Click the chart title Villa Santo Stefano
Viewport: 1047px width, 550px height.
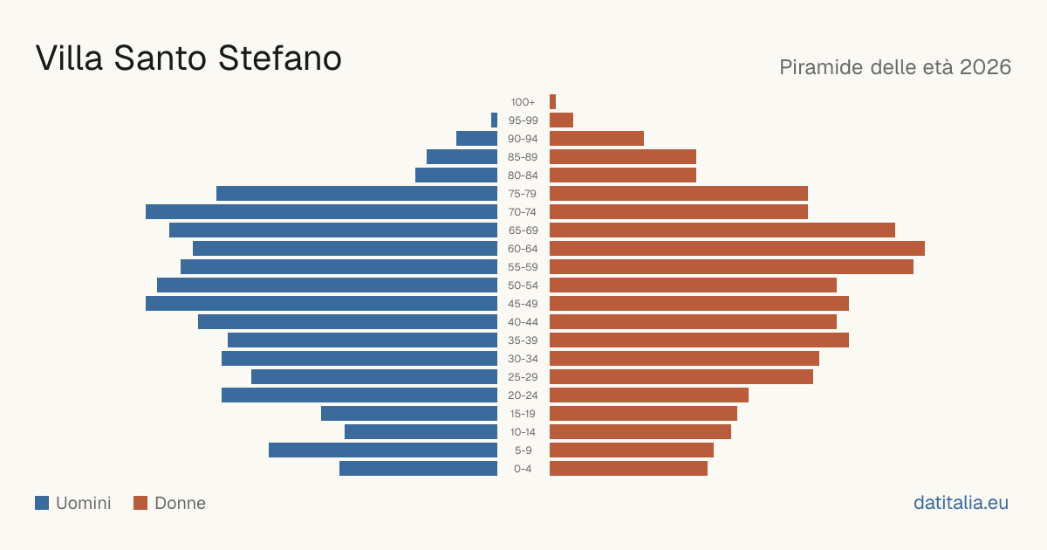(188, 58)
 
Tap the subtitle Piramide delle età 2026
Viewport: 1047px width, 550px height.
(895, 67)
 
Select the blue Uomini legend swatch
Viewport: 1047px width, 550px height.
(42, 503)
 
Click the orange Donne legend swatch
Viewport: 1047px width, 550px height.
(140, 503)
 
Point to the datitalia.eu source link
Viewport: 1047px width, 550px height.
(961, 503)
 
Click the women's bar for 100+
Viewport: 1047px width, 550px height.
(552, 101)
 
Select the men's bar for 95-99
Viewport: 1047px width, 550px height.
(494, 120)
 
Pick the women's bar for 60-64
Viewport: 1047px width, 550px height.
(737, 248)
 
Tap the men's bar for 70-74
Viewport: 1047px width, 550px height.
(322, 211)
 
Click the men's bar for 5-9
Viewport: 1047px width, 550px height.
(383, 450)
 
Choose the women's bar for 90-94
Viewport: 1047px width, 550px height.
(597, 139)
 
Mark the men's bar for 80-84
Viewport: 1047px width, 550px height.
(456, 175)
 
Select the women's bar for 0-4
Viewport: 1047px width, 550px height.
(629, 468)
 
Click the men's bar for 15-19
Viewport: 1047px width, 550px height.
(409, 414)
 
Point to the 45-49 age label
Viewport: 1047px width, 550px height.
(523, 304)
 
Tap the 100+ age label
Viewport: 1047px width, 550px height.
(523, 102)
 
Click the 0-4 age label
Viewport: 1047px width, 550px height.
(523, 469)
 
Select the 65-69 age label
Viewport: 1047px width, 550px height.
(523, 230)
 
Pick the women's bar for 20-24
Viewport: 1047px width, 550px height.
(649, 395)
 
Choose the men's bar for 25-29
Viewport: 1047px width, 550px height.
(374, 376)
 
